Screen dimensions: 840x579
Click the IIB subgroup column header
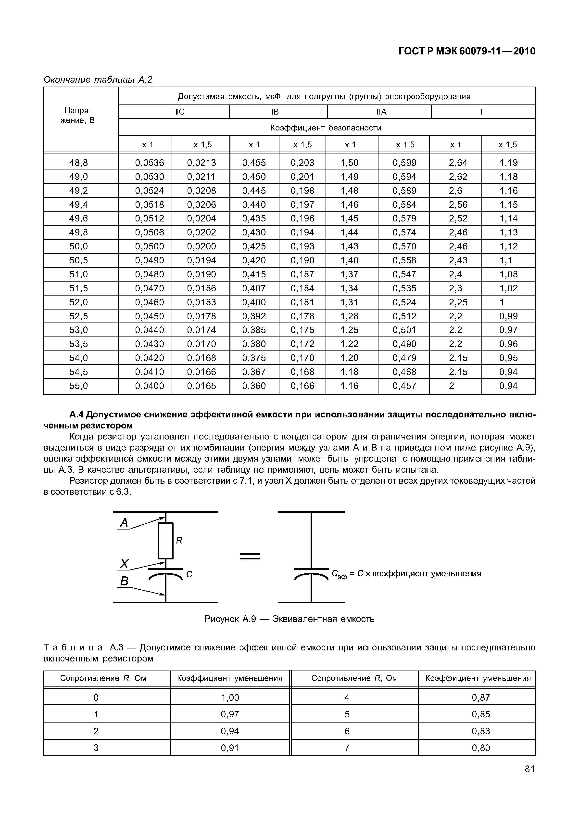click(x=274, y=112)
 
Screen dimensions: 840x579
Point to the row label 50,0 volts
click(x=79, y=246)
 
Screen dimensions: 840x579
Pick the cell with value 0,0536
click(x=150, y=163)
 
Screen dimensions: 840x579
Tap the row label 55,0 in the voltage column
click(x=79, y=386)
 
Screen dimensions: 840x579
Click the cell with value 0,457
click(x=404, y=386)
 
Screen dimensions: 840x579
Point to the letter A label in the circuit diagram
click(x=124, y=523)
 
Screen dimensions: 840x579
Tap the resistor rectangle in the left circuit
click(x=165, y=541)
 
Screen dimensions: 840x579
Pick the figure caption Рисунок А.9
click(x=289, y=619)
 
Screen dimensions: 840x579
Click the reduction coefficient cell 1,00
click(x=230, y=697)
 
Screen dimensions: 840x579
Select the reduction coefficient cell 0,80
click(x=481, y=748)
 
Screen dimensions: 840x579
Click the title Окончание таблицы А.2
click(x=98, y=79)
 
